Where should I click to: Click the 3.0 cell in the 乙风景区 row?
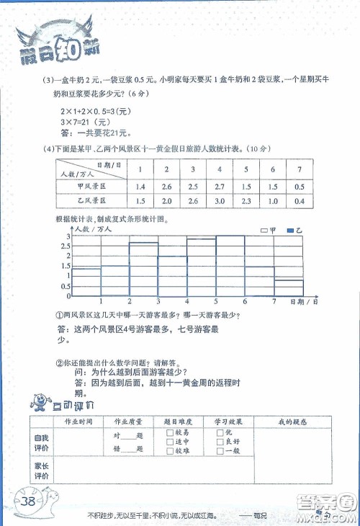[219, 201]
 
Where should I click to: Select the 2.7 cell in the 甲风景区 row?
[219, 186]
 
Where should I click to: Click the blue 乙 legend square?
[291, 231]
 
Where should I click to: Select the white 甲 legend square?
[264, 231]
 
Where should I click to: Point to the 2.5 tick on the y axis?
[68, 246]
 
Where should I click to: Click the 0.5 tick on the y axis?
[68, 285]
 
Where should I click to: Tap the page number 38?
[30, 502]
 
